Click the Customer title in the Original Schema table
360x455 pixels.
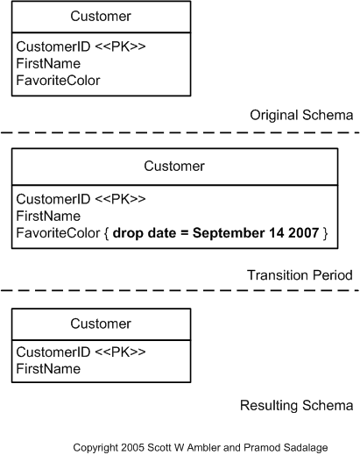101,17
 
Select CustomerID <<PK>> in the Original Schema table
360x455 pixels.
81,46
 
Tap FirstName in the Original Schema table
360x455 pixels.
48,63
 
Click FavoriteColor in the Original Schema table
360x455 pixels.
58,80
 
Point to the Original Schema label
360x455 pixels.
300,115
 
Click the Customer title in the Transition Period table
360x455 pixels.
173,166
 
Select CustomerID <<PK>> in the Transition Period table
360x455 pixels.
81,199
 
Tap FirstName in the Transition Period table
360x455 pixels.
48,216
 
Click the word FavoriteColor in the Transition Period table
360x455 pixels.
58,232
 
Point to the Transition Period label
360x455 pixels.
300,274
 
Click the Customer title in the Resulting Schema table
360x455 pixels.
101,323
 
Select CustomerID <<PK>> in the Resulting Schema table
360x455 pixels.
81,352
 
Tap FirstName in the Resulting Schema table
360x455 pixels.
48,368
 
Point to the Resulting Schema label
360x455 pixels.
296,405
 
